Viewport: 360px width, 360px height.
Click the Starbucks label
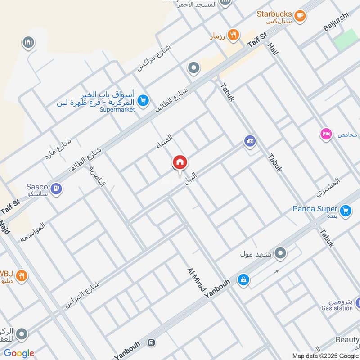coord(274,14)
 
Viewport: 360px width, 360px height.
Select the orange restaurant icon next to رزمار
coord(233,35)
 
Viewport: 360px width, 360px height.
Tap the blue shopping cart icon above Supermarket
coord(143,101)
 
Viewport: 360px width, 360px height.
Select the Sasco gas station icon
coord(56,189)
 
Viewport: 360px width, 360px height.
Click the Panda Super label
coord(315,208)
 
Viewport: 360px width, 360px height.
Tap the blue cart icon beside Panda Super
coord(346,211)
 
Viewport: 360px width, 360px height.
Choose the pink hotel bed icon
coord(326,134)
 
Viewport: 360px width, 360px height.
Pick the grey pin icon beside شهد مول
coord(281,253)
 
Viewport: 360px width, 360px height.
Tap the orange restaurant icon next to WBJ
coord(22,275)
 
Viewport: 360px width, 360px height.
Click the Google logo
coord(19,353)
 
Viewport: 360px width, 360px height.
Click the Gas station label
coord(337,308)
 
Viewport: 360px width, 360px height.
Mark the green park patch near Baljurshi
coord(344,38)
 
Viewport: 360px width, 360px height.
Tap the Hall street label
coord(273,47)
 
